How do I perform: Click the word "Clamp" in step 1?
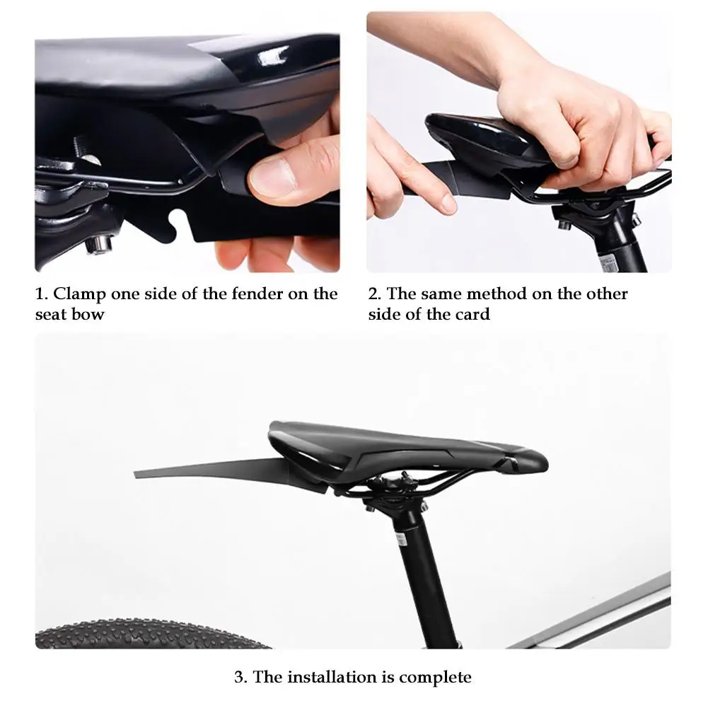click(x=79, y=294)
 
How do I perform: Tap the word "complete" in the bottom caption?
click(x=435, y=678)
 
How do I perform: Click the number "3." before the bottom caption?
click(x=240, y=678)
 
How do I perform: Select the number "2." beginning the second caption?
click(x=374, y=294)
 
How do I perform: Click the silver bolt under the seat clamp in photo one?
click(x=99, y=244)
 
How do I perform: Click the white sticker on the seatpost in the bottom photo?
click(x=400, y=540)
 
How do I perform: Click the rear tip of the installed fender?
click(x=135, y=474)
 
